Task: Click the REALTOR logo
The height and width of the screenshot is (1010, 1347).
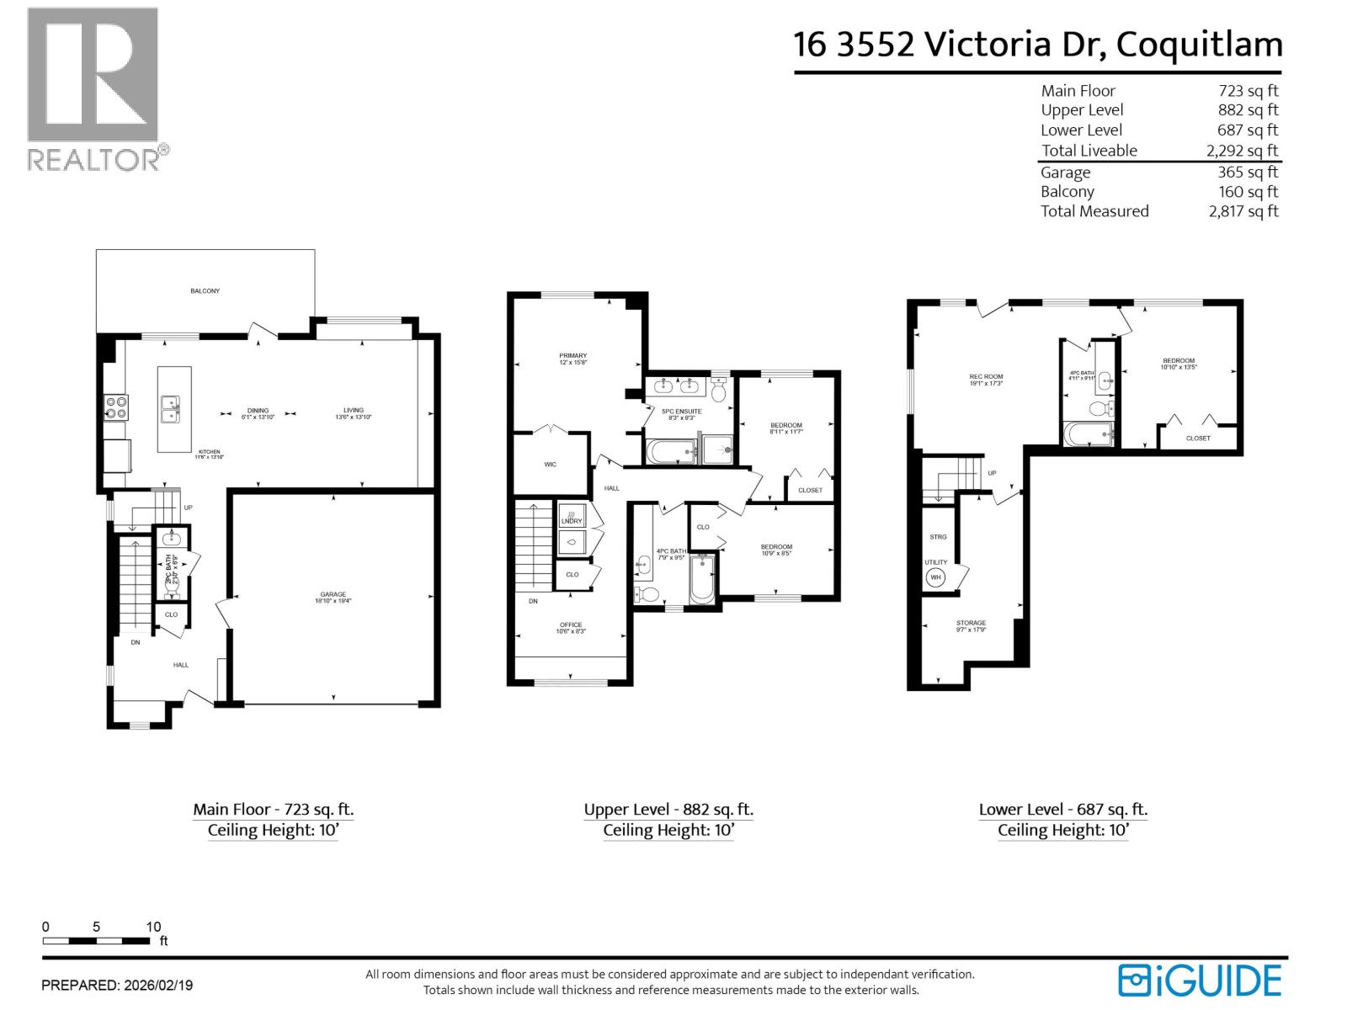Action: pos(93,88)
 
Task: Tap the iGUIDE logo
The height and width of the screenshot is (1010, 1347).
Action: pos(1200,981)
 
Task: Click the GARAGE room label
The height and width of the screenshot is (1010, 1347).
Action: pos(333,594)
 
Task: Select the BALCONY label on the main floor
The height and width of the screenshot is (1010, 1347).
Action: pos(205,291)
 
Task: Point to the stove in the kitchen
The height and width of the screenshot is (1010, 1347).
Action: pos(115,408)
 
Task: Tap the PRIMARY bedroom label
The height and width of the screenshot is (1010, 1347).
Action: pos(572,356)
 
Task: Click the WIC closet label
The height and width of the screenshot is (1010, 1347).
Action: pos(550,465)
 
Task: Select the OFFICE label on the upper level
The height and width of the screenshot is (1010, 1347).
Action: pos(570,625)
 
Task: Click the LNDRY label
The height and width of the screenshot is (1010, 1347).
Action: pos(572,521)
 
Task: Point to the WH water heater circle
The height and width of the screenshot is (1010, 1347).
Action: pos(935,577)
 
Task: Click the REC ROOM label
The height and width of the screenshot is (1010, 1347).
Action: pos(986,377)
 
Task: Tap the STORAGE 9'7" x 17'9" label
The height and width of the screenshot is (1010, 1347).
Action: pos(971,624)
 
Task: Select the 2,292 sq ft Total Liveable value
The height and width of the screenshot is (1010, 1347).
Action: pos(1242,151)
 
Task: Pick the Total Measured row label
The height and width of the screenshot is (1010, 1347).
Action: pos(1094,211)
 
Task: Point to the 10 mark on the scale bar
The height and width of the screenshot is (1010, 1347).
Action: pos(153,928)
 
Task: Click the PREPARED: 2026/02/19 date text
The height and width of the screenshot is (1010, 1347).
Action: pos(117,985)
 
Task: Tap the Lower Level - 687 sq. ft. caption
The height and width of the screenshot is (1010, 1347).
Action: pos(1062,809)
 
